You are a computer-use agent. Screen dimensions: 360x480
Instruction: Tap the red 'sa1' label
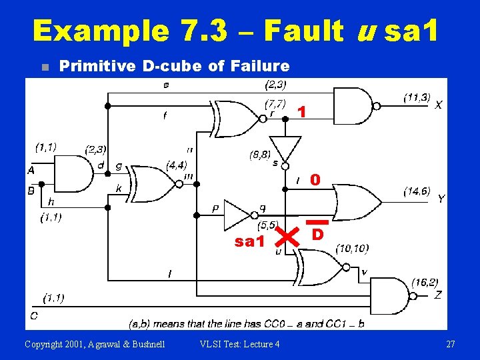250,241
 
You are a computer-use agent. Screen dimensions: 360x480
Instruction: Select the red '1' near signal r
302,113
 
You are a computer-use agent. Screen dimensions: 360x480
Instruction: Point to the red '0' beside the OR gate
315,180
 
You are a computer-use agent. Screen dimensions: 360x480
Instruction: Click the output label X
438,105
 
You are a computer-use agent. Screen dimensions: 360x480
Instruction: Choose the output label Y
441,199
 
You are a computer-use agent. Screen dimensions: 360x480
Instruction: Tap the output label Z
438,294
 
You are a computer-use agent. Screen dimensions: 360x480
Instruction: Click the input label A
31,171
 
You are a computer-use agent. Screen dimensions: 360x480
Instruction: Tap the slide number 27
451,344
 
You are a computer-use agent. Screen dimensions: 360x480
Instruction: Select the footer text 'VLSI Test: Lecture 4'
239,344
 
